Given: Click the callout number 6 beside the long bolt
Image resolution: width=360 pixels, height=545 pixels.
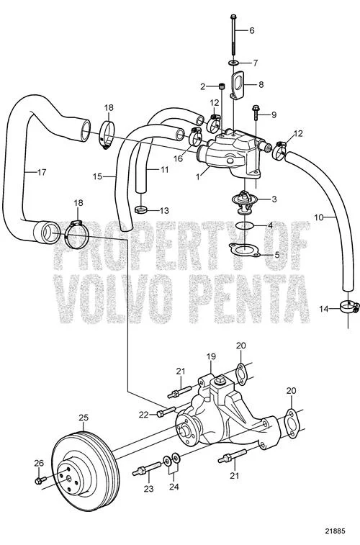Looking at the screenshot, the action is pyautogui.click(x=251, y=30).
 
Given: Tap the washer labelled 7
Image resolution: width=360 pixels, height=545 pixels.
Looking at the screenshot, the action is pyautogui.click(x=233, y=63).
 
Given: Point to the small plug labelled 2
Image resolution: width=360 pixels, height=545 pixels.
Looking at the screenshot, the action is pyautogui.click(x=221, y=86).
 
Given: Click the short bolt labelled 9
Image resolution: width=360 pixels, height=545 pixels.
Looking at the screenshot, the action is pyautogui.click(x=256, y=112).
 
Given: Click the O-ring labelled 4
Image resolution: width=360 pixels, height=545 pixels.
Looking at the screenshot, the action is pyautogui.click(x=245, y=225).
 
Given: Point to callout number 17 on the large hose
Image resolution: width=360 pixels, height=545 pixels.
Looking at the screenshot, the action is pyautogui.click(x=41, y=172).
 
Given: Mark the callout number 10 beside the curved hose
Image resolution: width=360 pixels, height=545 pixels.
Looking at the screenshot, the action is pyautogui.click(x=319, y=217).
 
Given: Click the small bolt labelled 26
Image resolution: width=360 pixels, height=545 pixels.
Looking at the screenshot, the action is pyautogui.click(x=40, y=480).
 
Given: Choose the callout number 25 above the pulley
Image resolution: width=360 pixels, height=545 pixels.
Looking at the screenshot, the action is pyautogui.click(x=84, y=418).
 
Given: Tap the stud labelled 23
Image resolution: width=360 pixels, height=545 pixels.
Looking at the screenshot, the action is pyautogui.click(x=147, y=470).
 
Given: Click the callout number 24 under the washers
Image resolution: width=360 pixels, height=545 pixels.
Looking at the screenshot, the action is pyautogui.click(x=174, y=487).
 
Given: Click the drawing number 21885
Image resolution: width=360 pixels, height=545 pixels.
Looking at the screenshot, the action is pyautogui.click(x=335, y=531).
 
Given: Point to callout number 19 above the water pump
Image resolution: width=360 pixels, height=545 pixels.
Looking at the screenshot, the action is pyautogui.click(x=211, y=356).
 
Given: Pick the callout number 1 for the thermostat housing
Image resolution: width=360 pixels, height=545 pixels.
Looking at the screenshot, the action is pyautogui.click(x=198, y=177).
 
